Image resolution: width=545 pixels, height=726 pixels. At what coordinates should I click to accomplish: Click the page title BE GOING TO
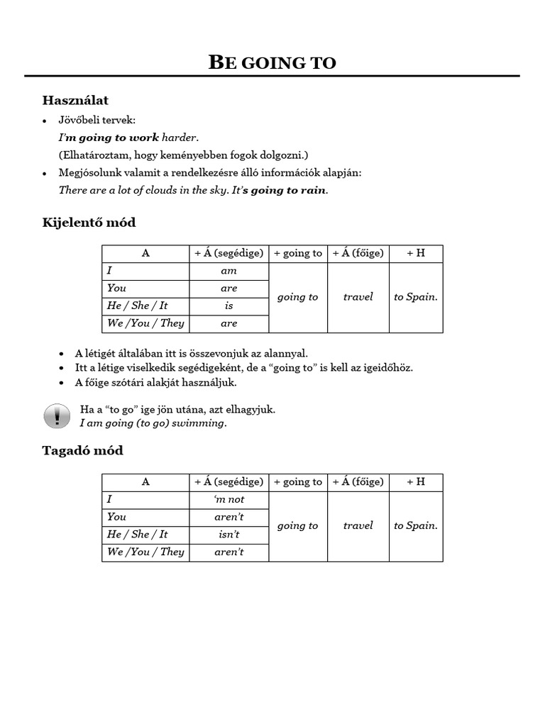click(x=272, y=62)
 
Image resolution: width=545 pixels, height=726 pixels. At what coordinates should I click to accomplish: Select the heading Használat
click(x=75, y=100)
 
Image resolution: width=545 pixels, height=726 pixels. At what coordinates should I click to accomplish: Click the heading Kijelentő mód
click(x=89, y=223)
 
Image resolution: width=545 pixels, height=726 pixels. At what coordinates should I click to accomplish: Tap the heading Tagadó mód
click(x=82, y=451)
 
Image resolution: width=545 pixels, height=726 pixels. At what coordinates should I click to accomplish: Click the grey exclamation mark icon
click(x=57, y=416)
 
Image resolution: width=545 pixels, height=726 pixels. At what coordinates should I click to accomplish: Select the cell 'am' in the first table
click(x=229, y=271)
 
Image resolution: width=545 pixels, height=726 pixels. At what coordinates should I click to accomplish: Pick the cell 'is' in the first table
click(x=229, y=306)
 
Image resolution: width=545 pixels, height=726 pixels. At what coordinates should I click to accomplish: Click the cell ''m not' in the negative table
click(x=229, y=499)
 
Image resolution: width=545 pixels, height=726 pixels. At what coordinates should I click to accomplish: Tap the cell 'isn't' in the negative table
click(x=229, y=534)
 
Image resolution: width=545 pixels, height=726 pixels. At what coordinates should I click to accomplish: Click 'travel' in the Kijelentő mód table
click(x=358, y=297)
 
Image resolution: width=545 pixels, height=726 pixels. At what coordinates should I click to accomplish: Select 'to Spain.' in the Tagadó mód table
click(x=415, y=525)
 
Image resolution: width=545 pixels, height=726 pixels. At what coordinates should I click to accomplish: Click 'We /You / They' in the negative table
click(x=145, y=552)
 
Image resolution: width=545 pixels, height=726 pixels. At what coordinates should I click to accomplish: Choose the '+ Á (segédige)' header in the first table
click(x=229, y=253)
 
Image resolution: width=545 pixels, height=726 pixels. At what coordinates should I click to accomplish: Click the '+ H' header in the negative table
click(x=415, y=482)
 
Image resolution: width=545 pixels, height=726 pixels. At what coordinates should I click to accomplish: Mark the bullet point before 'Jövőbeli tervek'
click(x=45, y=121)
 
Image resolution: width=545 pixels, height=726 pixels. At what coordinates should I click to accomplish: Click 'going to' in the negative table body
click(x=297, y=525)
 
